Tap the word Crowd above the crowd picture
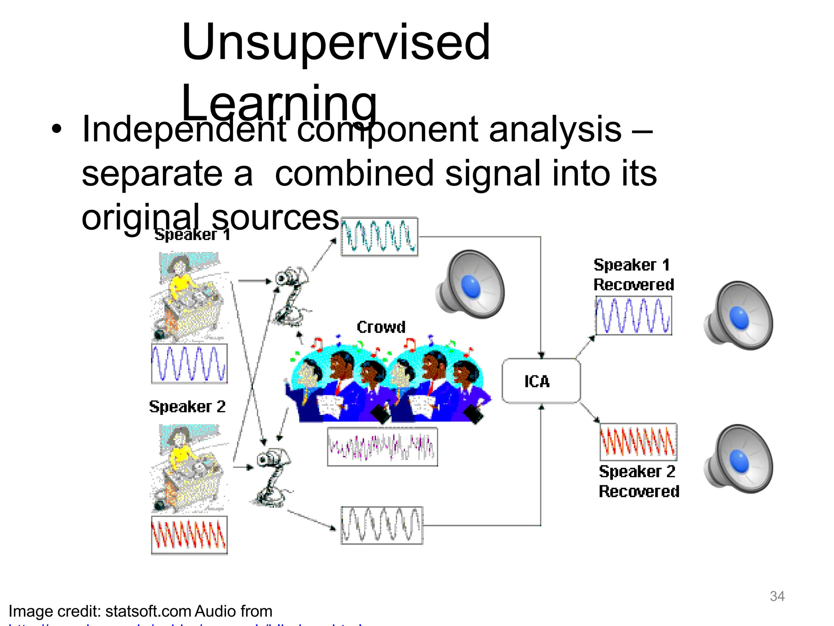(381, 327)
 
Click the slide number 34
(777, 596)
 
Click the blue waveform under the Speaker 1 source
(189, 364)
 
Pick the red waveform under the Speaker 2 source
(189, 535)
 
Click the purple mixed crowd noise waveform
(382, 447)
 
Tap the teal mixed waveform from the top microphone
(379, 237)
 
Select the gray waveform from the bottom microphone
(382, 525)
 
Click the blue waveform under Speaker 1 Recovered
(633, 315)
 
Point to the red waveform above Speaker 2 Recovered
(638, 442)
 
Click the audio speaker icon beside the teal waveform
(471, 284)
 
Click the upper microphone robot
(290, 295)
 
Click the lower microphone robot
(272, 477)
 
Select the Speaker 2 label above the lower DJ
(187, 407)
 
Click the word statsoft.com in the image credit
(148, 611)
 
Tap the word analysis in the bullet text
(555, 130)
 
